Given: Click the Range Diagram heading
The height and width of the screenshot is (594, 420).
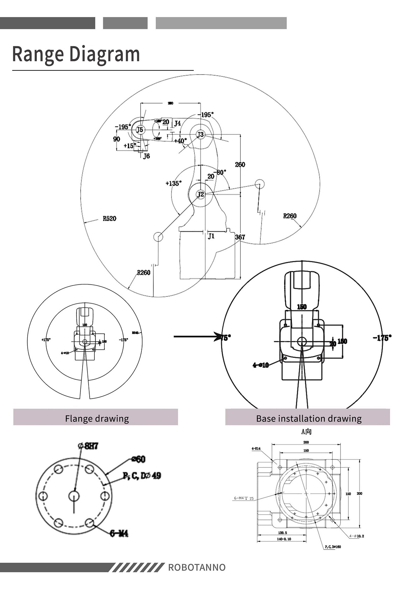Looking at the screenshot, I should tap(76, 54).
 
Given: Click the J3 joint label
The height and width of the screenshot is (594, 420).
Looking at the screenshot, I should tap(200, 135).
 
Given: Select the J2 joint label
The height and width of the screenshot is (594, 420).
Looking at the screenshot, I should tap(200, 194).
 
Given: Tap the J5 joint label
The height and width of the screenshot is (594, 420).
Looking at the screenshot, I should tap(140, 130).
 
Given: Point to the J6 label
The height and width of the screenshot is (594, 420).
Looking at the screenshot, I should tap(146, 156).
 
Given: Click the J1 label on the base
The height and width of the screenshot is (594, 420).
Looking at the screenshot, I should tap(211, 236).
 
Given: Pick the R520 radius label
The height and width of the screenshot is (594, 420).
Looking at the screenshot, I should tap(109, 219).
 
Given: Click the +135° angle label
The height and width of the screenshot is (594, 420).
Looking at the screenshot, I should tap(174, 183).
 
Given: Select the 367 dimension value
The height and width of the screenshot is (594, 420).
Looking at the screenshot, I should tap(240, 237).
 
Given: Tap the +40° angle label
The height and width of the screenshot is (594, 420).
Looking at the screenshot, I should tap(180, 141).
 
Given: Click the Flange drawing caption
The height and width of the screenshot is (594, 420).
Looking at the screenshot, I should tap(97, 418).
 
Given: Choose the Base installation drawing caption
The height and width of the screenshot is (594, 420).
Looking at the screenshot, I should tap(309, 418).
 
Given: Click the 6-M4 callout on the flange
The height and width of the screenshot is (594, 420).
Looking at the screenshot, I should tap(119, 533).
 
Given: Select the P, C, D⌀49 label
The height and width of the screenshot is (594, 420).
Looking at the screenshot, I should tap(142, 476).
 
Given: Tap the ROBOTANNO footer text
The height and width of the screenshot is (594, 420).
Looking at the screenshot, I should tap(197, 567).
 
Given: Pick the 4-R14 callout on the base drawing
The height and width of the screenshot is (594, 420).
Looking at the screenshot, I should tap(256, 448).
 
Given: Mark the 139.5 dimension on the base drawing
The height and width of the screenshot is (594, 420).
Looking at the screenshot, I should tap(282, 533).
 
